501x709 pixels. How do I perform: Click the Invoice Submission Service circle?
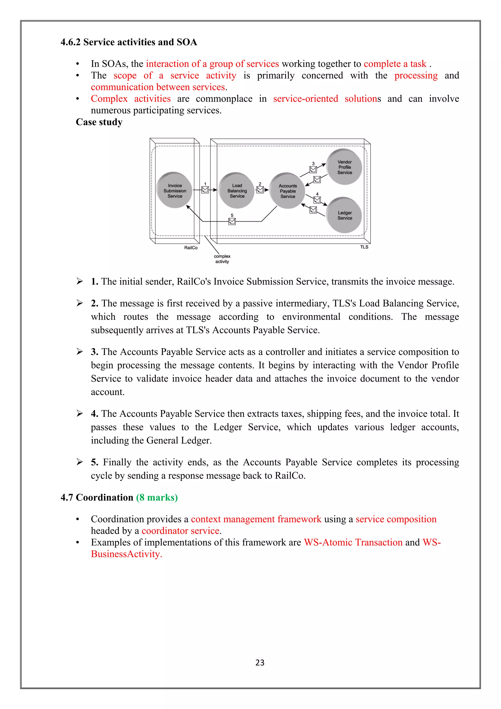click(175, 190)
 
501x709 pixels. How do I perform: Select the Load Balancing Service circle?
click(237, 190)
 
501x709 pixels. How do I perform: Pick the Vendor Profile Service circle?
click(344, 167)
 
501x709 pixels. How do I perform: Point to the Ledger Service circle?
click(344, 215)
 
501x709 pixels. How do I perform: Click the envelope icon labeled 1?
click(205, 189)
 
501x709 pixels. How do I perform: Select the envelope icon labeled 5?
click(232, 221)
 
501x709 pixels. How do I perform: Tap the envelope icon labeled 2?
click(260, 189)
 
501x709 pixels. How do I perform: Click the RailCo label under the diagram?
click(191, 248)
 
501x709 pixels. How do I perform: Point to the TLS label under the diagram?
click(364, 247)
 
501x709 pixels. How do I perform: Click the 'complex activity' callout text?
click(222, 259)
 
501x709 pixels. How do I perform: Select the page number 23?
click(260, 662)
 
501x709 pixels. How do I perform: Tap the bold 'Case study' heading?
click(99, 122)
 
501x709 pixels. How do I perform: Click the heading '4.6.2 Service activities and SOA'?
click(129, 42)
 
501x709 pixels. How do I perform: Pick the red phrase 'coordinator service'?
click(181, 531)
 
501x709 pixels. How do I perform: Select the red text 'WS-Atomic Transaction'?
click(353, 542)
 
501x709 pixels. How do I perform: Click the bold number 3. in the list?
click(94, 352)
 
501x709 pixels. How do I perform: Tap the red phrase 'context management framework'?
click(256, 519)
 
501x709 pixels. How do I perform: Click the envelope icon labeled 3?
click(313, 169)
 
